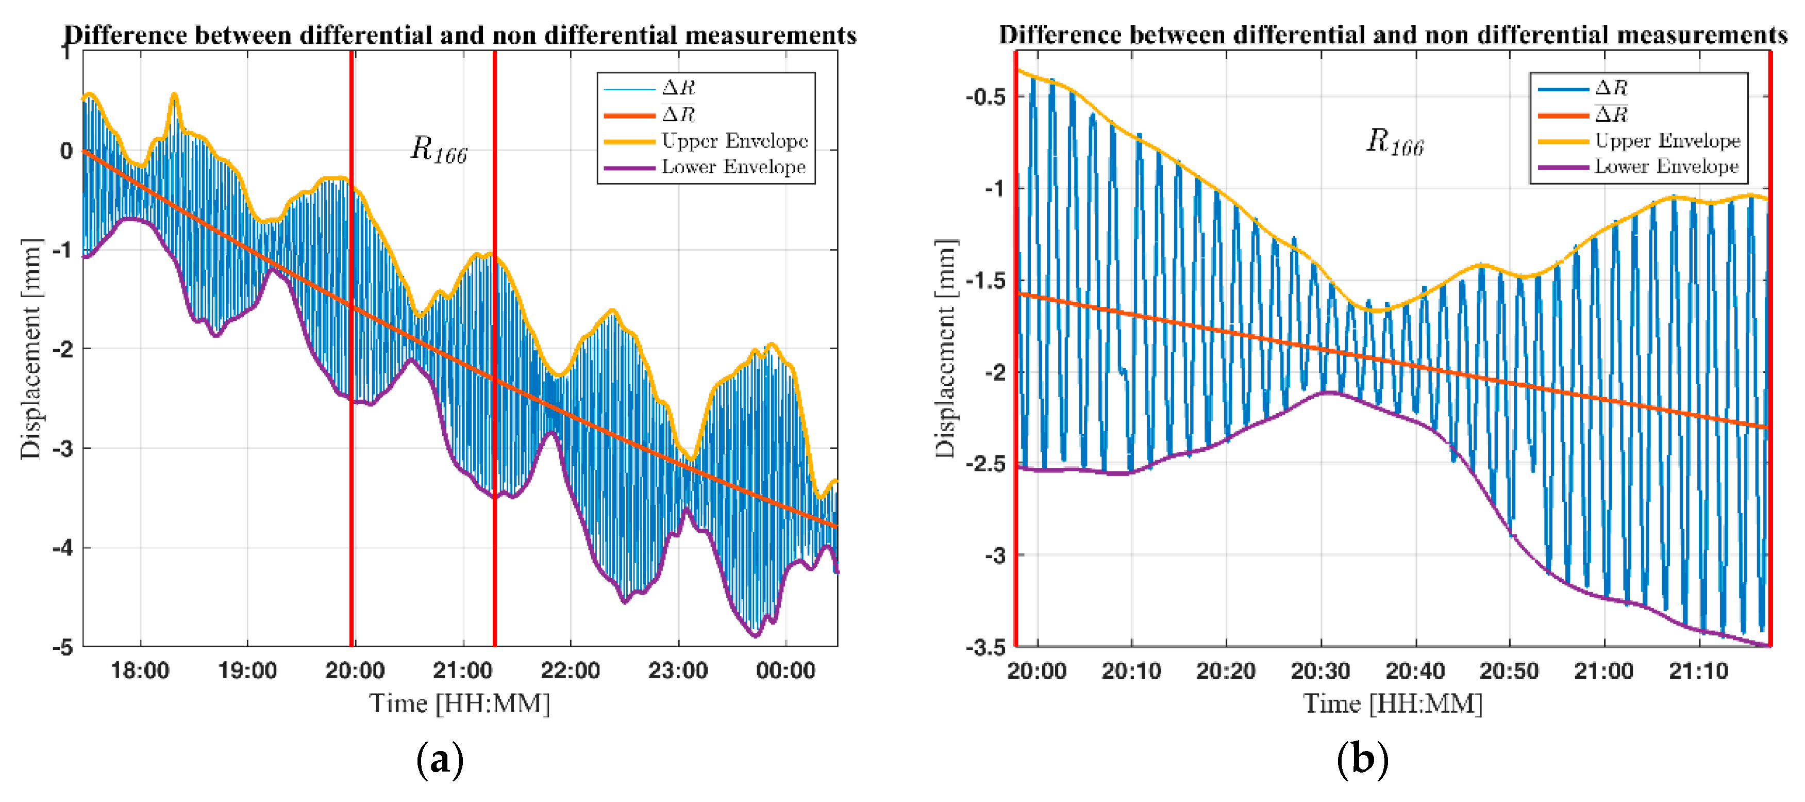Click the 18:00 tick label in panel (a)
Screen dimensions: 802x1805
click(140, 671)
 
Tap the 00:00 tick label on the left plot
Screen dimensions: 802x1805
click(785, 671)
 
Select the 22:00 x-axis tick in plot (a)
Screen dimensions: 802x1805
click(570, 671)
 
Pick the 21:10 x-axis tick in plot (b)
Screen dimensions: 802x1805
click(1698, 671)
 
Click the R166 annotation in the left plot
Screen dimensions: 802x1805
click(438, 150)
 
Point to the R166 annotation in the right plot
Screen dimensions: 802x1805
click(1394, 142)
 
